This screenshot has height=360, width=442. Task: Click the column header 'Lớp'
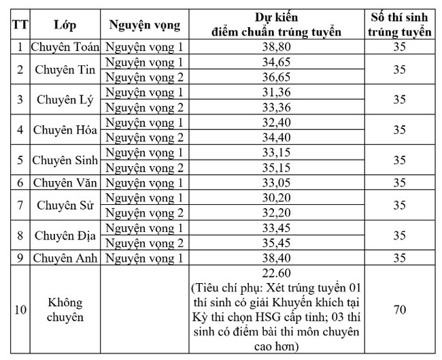pyautogui.click(x=65, y=26)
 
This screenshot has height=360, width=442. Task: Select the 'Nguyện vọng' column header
pyautogui.click(x=144, y=26)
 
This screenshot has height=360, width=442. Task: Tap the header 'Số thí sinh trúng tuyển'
pyautogui.click(x=400, y=25)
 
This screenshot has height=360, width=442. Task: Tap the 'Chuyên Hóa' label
pyautogui.click(x=65, y=130)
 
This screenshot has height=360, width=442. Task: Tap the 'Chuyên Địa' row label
pyautogui.click(x=65, y=235)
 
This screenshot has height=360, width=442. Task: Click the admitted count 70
pyautogui.click(x=400, y=310)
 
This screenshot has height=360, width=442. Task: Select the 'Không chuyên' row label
pyautogui.click(x=65, y=310)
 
